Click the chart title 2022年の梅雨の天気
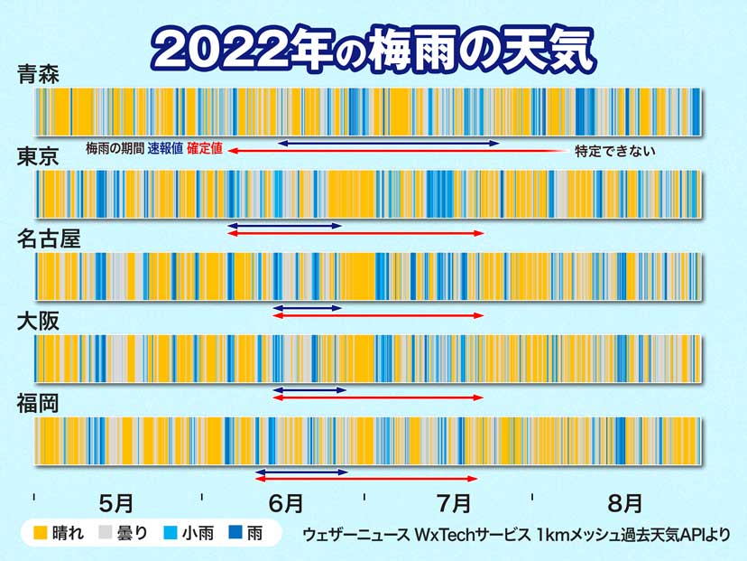pyautogui.click(x=373, y=48)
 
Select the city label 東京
pyautogui.click(x=38, y=157)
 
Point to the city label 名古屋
pyautogui.click(x=49, y=239)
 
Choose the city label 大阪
pyautogui.click(x=38, y=322)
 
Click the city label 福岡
pyautogui.click(x=38, y=404)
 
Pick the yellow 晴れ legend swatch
pyautogui.click(x=39, y=533)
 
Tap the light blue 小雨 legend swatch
pyautogui.click(x=169, y=533)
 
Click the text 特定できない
pyautogui.click(x=614, y=151)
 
